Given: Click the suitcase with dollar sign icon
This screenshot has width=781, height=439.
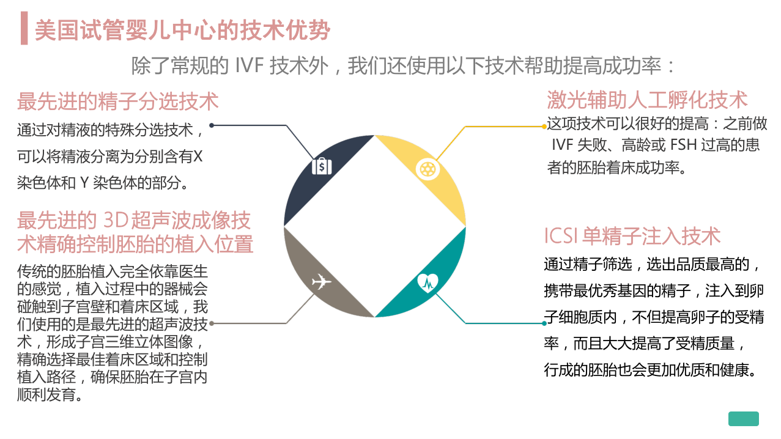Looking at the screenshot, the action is pyautogui.click(x=322, y=166).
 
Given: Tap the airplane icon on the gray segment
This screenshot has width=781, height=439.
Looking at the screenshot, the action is pyautogui.click(x=321, y=282).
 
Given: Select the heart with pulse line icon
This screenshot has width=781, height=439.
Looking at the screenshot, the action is pyautogui.click(x=428, y=282).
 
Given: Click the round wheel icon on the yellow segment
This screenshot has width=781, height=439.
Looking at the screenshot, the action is pyautogui.click(x=428, y=170).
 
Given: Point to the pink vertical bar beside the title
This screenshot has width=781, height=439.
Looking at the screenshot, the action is pyautogui.click(x=24, y=28).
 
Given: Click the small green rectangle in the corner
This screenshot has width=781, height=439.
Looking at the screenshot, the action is pyautogui.click(x=743, y=419).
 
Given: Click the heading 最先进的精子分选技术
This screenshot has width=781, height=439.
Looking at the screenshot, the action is pyautogui.click(x=118, y=101).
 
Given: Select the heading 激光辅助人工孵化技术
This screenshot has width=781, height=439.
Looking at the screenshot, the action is pyautogui.click(x=647, y=100).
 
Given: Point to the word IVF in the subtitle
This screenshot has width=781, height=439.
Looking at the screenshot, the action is pyautogui.click(x=249, y=65).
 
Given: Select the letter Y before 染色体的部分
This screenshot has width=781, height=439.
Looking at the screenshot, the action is pyautogui.click(x=84, y=183).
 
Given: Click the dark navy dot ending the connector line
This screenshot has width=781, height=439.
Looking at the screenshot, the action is pyautogui.click(x=212, y=125).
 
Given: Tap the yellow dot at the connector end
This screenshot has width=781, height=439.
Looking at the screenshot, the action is pyautogui.click(x=544, y=127).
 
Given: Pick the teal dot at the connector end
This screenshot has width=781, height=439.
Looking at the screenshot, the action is pyautogui.click(x=544, y=323).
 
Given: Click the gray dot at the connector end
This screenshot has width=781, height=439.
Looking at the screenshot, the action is pyautogui.click(x=212, y=323).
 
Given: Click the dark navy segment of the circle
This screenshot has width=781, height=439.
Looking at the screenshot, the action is pyautogui.click(x=314, y=171).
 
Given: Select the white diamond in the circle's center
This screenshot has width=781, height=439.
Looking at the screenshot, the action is pyautogui.click(x=375, y=226).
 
